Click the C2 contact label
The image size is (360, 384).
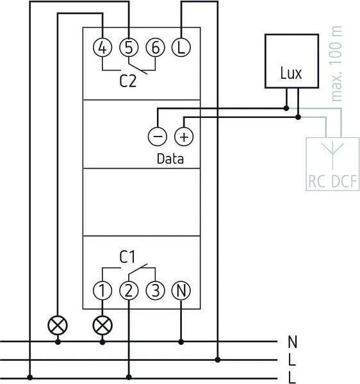127,81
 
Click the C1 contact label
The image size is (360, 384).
127,257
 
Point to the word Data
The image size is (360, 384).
170,159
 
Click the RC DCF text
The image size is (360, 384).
332,181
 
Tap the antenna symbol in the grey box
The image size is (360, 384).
333,156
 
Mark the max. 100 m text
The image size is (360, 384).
337,63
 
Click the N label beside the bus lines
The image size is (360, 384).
293,342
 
